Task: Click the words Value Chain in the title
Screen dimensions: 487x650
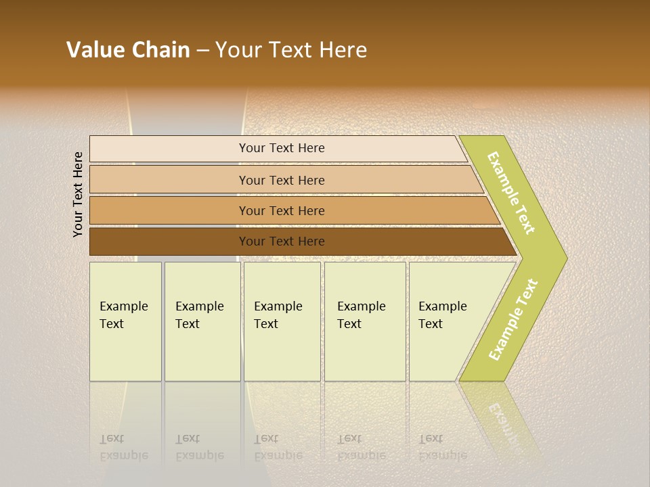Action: point(128,50)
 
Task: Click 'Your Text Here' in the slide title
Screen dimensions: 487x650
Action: point(291,50)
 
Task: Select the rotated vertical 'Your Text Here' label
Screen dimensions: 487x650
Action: point(78,194)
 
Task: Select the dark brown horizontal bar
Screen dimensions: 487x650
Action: point(169,241)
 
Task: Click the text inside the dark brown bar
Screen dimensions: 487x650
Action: point(282,241)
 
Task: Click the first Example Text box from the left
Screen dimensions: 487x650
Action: point(125,321)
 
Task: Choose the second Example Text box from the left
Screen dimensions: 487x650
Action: point(202,321)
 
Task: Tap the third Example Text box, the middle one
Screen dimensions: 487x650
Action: point(281,321)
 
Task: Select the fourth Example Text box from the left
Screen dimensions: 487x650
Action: point(364,321)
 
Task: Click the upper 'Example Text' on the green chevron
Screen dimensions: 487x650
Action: point(512,193)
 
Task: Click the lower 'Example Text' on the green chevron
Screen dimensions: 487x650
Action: point(513,319)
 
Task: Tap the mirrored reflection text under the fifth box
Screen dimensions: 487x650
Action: point(442,447)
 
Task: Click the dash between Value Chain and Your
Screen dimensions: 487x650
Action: point(202,51)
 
